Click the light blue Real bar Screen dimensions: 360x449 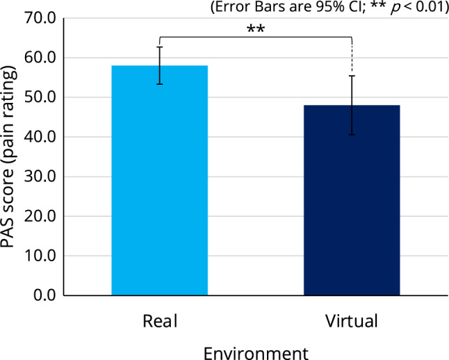160,181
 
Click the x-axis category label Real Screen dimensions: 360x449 160,322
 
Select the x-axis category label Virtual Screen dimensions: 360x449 352,322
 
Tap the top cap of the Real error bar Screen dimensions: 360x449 160,47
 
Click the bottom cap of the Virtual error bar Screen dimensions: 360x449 352,135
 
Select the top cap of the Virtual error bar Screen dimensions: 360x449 352,76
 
